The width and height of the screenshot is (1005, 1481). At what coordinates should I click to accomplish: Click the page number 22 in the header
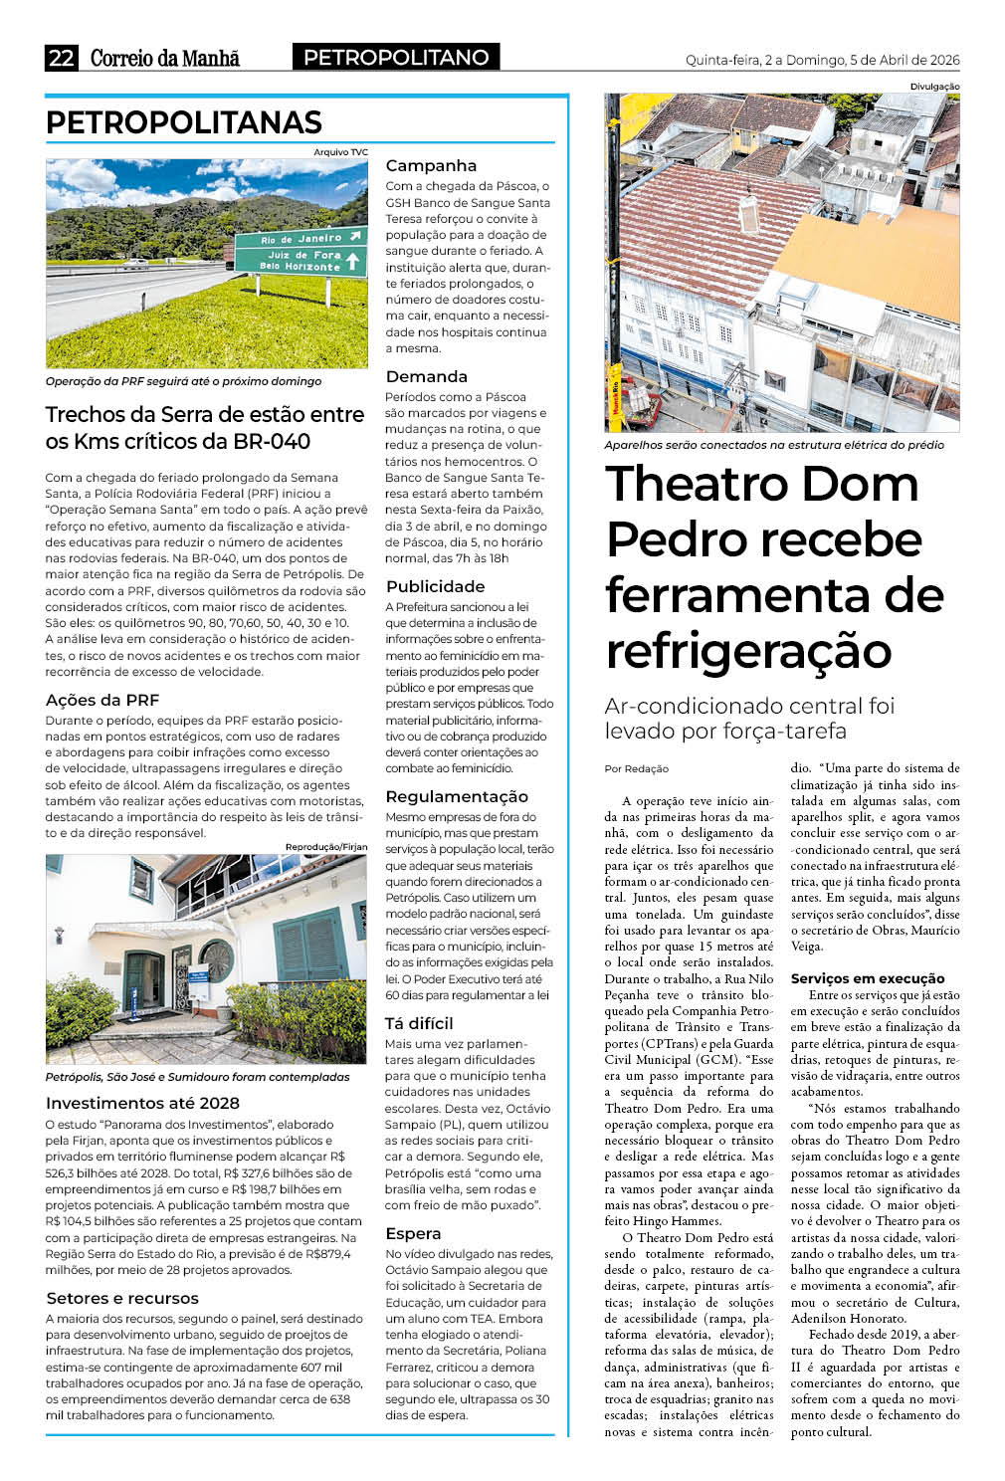tap(61, 58)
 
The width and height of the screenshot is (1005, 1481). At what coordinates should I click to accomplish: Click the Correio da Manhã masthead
tap(165, 58)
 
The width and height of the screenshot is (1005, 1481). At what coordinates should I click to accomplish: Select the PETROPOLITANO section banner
tap(396, 58)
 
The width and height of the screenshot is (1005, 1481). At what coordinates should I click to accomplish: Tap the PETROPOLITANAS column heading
tap(184, 122)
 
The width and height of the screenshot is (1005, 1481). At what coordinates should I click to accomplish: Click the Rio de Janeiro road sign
tap(300, 239)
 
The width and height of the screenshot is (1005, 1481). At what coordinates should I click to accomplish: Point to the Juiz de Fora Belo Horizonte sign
tap(300, 261)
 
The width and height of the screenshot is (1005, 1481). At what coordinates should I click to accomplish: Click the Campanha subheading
tap(431, 166)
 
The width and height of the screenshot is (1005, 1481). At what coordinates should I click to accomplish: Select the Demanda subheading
tap(426, 376)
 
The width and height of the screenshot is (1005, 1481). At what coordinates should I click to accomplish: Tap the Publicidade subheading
tap(435, 586)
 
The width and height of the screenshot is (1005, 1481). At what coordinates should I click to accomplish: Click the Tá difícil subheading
tap(419, 1023)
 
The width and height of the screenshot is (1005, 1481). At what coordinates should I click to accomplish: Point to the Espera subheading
tap(413, 1233)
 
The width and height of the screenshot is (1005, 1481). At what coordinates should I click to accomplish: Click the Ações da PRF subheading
tap(102, 700)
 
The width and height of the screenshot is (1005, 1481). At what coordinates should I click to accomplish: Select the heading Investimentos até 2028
tap(142, 1103)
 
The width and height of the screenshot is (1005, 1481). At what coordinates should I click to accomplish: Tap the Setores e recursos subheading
tap(122, 1298)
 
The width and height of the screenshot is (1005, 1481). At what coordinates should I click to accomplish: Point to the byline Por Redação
tap(637, 768)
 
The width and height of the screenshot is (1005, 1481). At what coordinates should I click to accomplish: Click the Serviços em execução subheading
tap(868, 978)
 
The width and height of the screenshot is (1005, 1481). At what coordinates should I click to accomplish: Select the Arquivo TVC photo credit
tap(340, 152)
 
